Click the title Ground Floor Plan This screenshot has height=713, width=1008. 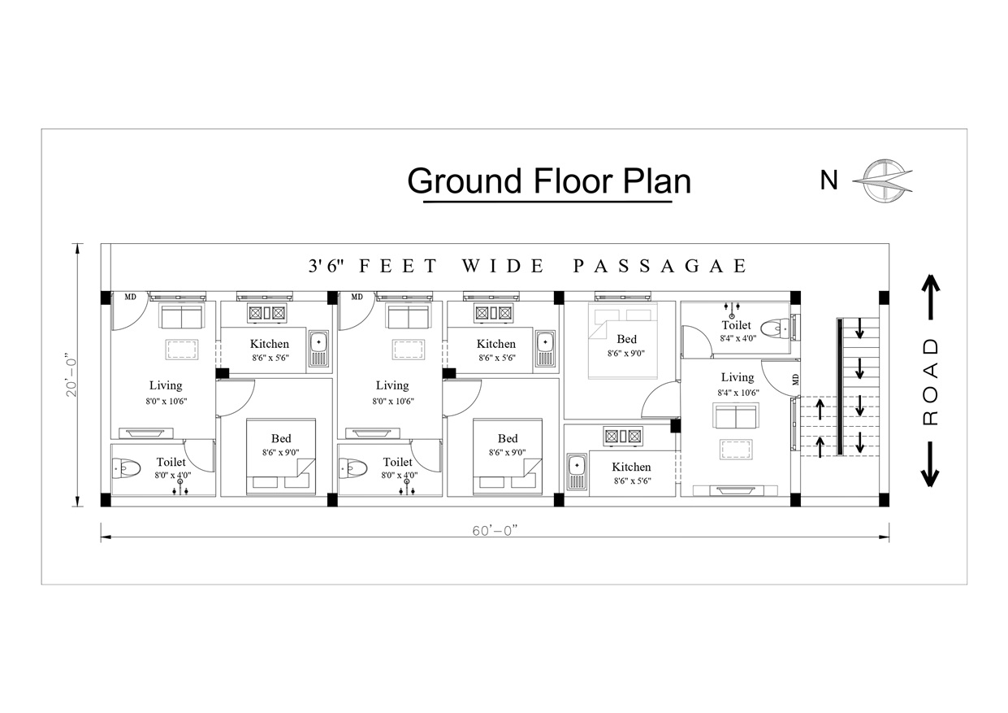point(549,181)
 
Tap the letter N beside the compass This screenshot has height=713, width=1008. point(829,180)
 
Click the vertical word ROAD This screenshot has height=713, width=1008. point(930,382)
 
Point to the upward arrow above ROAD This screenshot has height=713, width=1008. point(931,298)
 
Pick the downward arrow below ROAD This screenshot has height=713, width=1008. point(930,464)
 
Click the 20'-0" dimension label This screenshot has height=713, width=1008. point(71,375)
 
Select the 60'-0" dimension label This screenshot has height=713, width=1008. point(495,531)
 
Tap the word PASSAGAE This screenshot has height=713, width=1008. point(660,266)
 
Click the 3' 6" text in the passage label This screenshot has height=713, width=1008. point(326,266)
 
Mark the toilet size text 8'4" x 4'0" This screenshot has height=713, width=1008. point(738,338)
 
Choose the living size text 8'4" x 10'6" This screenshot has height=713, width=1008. point(738,393)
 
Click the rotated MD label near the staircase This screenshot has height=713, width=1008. point(796,379)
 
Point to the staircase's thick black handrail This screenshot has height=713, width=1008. point(840,386)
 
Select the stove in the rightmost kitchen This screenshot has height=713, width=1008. point(623,436)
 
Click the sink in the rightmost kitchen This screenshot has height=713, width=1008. point(577,472)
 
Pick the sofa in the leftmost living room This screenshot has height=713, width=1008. point(182,316)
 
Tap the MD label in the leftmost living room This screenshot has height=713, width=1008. point(131,297)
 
